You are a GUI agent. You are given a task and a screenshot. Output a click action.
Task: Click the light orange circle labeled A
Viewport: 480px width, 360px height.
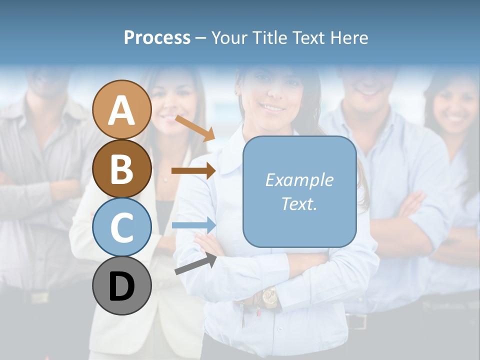pyautogui.click(x=122, y=109)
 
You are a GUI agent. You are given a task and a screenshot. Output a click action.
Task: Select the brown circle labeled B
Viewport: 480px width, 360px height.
pyautogui.click(x=122, y=168)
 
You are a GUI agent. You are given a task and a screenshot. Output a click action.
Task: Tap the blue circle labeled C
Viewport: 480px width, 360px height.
pyautogui.click(x=122, y=227)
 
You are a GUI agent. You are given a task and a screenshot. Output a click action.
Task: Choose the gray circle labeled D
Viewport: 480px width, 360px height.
pyautogui.click(x=122, y=285)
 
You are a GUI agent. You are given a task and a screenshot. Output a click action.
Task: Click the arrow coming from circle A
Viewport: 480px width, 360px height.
pyautogui.click(x=195, y=128)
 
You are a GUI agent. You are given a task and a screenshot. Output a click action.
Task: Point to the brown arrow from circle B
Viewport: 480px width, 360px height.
pyautogui.click(x=193, y=170)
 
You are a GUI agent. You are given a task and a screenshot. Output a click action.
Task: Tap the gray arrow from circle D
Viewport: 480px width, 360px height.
pyautogui.click(x=195, y=264)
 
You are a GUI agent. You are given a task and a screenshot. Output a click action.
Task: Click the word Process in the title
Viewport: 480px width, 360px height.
pyautogui.click(x=157, y=37)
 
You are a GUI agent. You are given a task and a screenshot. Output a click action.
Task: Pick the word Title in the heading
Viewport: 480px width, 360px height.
pyautogui.click(x=270, y=37)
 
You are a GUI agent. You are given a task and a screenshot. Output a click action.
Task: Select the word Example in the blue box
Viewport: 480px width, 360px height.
pyautogui.click(x=299, y=180)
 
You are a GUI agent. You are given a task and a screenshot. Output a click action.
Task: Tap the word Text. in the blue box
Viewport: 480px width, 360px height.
pyautogui.click(x=299, y=203)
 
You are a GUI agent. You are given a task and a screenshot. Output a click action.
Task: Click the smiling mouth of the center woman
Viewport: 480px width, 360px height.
pyautogui.click(x=273, y=107)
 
